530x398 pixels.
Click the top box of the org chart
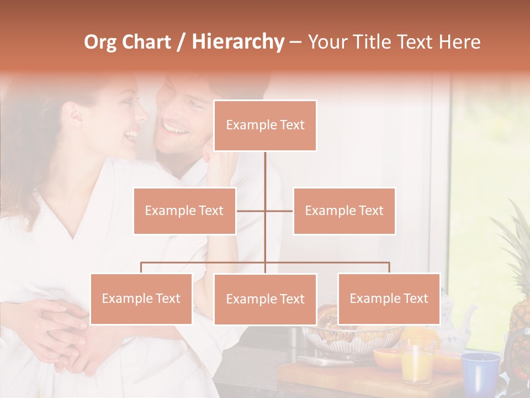pyautogui.click(x=265, y=125)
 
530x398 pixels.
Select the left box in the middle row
pyautogui.click(x=184, y=211)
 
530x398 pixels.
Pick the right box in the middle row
pyautogui.click(x=344, y=211)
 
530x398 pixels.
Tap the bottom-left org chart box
pyautogui.click(x=141, y=298)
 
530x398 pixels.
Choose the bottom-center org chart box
pyautogui.click(x=265, y=299)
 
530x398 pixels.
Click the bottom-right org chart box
pyautogui.click(x=389, y=298)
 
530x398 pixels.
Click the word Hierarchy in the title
pyautogui.click(x=238, y=41)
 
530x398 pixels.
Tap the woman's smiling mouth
pyautogui.click(x=132, y=134)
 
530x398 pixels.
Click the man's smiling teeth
pyautogui.click(x=176, y=129)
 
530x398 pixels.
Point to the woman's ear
pyautogui.click(x=73, y=113)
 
